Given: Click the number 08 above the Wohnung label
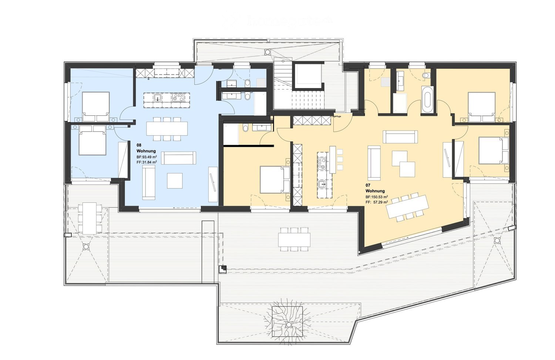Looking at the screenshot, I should point(139,145).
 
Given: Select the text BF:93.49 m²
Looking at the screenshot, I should point(147,157).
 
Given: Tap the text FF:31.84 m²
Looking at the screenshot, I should point(147,162).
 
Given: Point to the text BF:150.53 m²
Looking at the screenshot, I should point(377,197).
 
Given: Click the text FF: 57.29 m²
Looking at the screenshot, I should point(377,202).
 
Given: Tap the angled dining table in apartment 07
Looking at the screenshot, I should point(407,207).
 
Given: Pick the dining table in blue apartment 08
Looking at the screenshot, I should point(167,128).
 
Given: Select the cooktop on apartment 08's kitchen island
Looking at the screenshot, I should point(178,98).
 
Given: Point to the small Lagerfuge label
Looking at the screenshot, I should point(336,117).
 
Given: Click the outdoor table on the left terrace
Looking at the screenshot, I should point(89,218).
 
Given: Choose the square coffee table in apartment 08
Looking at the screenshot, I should point(175,181).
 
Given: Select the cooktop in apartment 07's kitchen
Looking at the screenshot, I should point(322,163).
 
